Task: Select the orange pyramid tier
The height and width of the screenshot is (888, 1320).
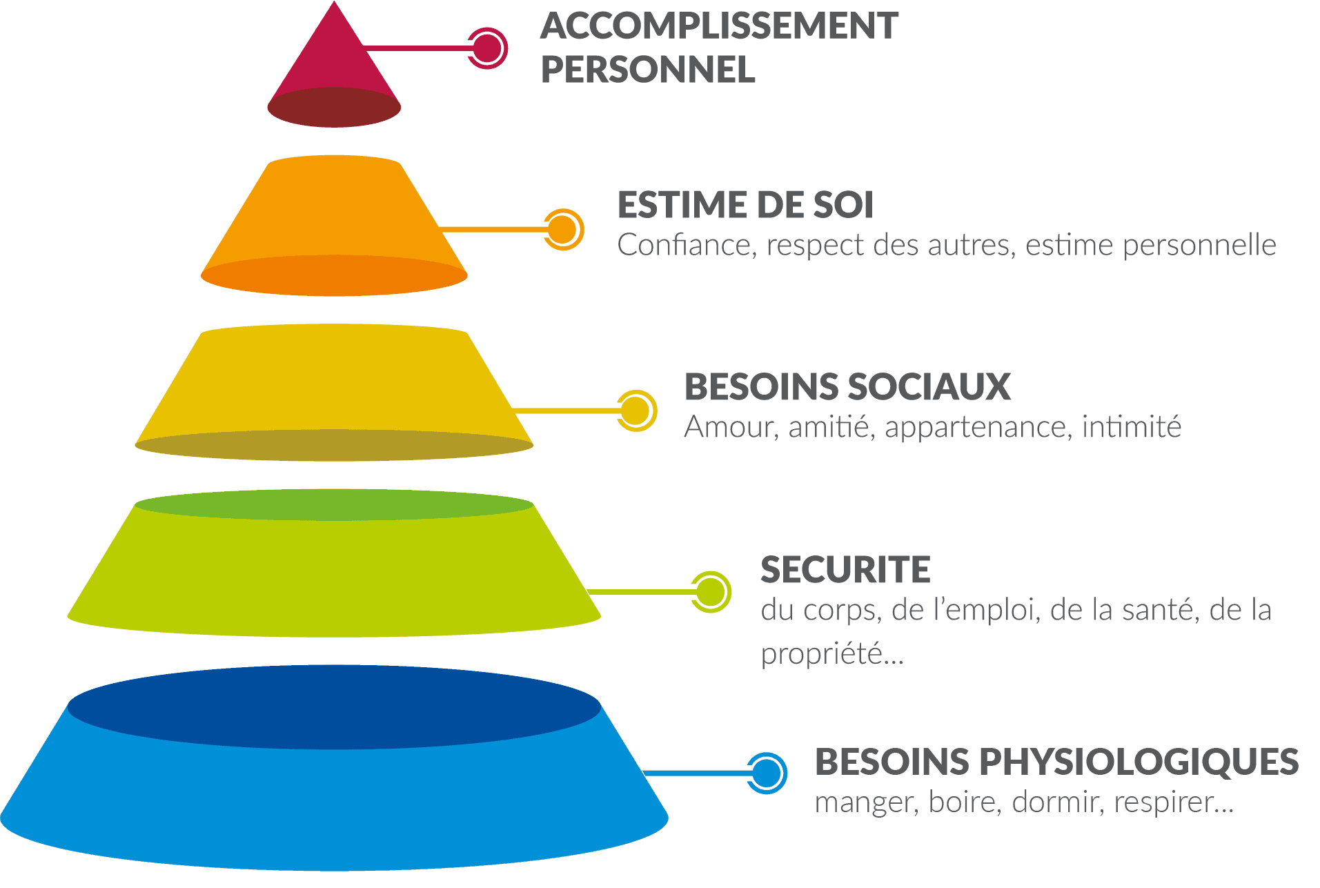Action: tap(334, 214)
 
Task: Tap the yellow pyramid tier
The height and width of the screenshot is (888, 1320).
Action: tap(334, 383)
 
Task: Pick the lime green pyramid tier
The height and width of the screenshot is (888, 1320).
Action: tap(334, 573)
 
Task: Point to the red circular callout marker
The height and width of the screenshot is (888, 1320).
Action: tap(487, 48)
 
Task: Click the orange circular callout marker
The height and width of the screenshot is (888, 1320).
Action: tap(563, 229)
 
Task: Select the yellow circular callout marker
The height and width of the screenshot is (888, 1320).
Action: tap(636, 411)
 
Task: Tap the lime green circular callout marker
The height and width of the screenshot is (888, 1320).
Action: tap(710, 591)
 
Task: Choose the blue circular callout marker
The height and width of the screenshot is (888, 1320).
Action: tap(766, 773)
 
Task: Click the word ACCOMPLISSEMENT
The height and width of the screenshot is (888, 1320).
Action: tap(719, 26)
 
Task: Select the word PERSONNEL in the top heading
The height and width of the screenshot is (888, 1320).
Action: tap(647, 70)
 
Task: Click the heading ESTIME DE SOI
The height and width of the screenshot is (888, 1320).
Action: tap(745, 205)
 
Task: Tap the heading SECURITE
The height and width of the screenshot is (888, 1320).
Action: tap(845, 570)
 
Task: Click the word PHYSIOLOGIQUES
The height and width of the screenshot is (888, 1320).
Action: tap(1139, 762)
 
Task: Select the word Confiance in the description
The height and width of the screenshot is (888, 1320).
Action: tap(683, 245)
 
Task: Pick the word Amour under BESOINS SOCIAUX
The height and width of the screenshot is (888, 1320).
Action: tap(728, 427)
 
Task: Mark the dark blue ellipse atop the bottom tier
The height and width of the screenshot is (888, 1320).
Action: tap(334, 707)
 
